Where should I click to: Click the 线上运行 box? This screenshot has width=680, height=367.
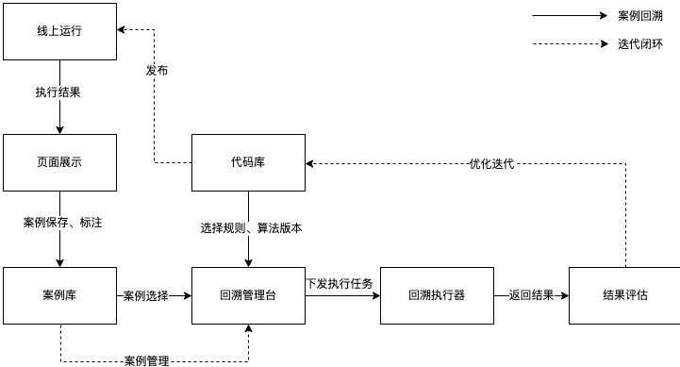tap(60, 30)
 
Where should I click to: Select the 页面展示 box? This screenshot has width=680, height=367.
tap(60, 162)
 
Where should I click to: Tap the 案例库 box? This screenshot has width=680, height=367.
tap(60, 295)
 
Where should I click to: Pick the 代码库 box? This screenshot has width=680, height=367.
tap(248, 162)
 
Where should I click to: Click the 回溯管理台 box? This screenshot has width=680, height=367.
tap(248, 295)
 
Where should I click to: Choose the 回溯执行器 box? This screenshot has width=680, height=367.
tap(437, 295)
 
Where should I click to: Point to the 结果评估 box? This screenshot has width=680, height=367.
tap(624, 295)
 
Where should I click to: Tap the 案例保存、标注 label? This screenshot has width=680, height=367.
tap(62, 223)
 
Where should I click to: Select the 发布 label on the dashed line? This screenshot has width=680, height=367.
tap(157, 71)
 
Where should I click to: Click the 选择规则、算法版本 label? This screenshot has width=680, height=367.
tap(250, 227)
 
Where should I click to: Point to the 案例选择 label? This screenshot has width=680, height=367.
tap(145, 296)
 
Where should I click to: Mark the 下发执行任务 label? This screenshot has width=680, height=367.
tap(340, 283)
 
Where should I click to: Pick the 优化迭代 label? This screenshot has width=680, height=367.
tap(491, 163)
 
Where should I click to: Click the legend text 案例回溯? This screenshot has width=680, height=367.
tap(640, 16)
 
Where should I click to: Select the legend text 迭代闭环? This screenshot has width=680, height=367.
tap(640, 44)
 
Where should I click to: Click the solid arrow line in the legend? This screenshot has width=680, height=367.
tap(570, 16)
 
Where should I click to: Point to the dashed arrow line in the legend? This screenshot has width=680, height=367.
tap(570, 44)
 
